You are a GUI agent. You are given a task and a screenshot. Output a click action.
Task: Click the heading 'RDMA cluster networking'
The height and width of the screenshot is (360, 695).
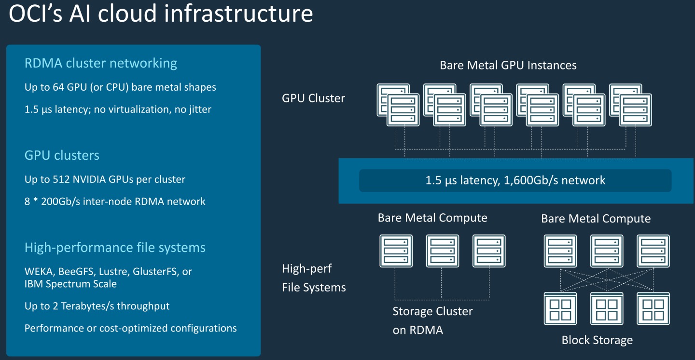click(100, 63)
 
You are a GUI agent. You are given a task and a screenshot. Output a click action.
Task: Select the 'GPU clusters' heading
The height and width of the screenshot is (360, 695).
click(62, 155)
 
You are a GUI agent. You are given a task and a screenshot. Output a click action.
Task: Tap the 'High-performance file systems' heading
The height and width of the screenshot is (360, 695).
click(115, 248)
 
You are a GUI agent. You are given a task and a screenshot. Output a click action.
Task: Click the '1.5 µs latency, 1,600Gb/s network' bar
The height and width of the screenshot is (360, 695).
click(515, 180)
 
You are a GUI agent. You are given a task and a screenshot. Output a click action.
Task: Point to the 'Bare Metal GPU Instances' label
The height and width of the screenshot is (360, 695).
click(508, 65)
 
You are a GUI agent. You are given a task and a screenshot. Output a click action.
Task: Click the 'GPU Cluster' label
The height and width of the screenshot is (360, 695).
click(313, 98)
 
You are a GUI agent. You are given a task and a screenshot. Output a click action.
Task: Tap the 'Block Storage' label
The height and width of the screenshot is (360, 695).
click(597, 340)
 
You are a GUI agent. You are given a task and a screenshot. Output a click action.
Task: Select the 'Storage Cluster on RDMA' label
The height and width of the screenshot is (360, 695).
click(432, 320)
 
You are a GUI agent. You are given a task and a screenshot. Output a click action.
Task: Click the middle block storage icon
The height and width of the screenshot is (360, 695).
click(607, 308)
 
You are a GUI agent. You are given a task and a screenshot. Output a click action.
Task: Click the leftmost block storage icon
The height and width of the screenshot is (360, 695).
click(560, 308)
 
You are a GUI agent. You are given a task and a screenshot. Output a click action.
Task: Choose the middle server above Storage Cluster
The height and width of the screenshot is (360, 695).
click(442, 251)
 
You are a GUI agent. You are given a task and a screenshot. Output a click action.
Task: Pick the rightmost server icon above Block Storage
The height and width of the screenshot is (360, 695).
click(653, 251)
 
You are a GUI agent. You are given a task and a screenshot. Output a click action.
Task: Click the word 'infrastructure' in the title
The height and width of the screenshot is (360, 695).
click(238, 14)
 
